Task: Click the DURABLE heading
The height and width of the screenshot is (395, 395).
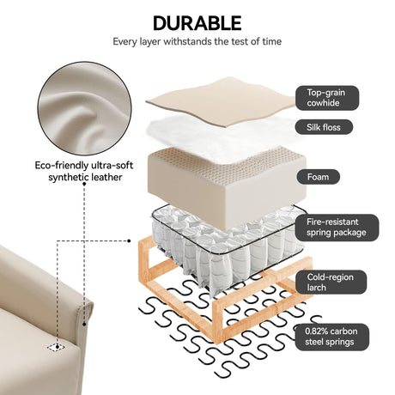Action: pos(197,23)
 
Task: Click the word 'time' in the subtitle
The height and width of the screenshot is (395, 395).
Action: pos(271,41)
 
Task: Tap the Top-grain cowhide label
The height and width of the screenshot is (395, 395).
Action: pos(327,98)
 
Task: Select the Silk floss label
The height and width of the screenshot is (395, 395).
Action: pos(324,127)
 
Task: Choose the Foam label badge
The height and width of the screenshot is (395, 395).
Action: pos(319,177)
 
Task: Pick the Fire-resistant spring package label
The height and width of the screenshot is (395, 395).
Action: pos(337,228)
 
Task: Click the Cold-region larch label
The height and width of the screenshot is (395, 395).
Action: pos(331,283)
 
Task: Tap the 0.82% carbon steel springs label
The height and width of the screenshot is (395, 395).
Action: pos(331,337)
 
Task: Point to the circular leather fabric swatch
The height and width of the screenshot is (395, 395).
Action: pos(84,109)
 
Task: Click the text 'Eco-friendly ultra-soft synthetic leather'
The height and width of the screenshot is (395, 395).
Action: pos(84,171)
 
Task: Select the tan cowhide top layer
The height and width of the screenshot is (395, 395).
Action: pos(222,100)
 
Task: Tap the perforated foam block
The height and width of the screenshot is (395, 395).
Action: pos(226,186)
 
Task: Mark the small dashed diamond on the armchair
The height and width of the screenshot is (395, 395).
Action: pos(57,347)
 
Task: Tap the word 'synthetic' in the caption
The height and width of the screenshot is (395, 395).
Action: pos(66,177)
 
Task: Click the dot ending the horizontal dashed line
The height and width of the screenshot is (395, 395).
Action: pos(129,241)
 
